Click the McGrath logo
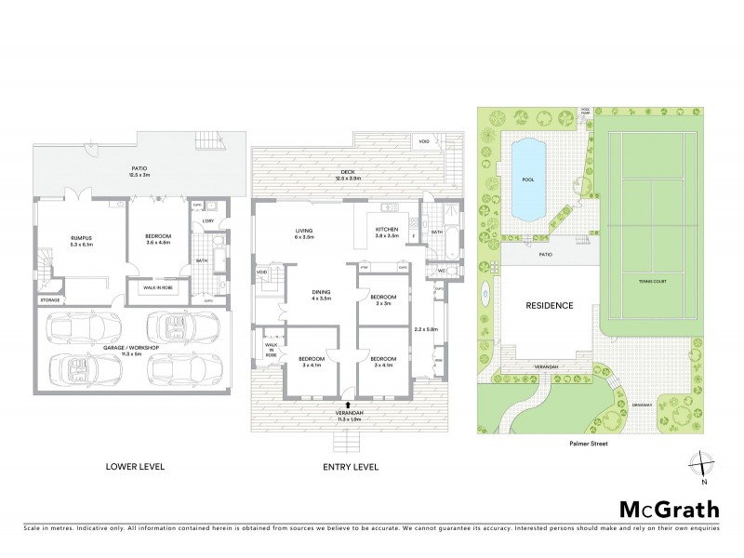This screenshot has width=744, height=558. (x=669, y=509)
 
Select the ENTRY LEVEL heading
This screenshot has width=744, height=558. (x=352, y=466)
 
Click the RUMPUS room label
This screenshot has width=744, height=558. (x=81, y=239)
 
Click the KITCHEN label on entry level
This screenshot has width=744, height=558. (x=386, y=229)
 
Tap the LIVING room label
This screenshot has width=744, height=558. (x=303, y=230)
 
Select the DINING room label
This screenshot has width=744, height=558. (x=322, y=293)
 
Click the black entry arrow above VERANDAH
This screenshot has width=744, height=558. (x=346, y=406)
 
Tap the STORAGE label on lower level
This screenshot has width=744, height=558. (x=50, y=300)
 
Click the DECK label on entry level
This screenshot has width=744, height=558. (x=349, y=173)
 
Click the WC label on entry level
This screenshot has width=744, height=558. (x=443, y=272)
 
